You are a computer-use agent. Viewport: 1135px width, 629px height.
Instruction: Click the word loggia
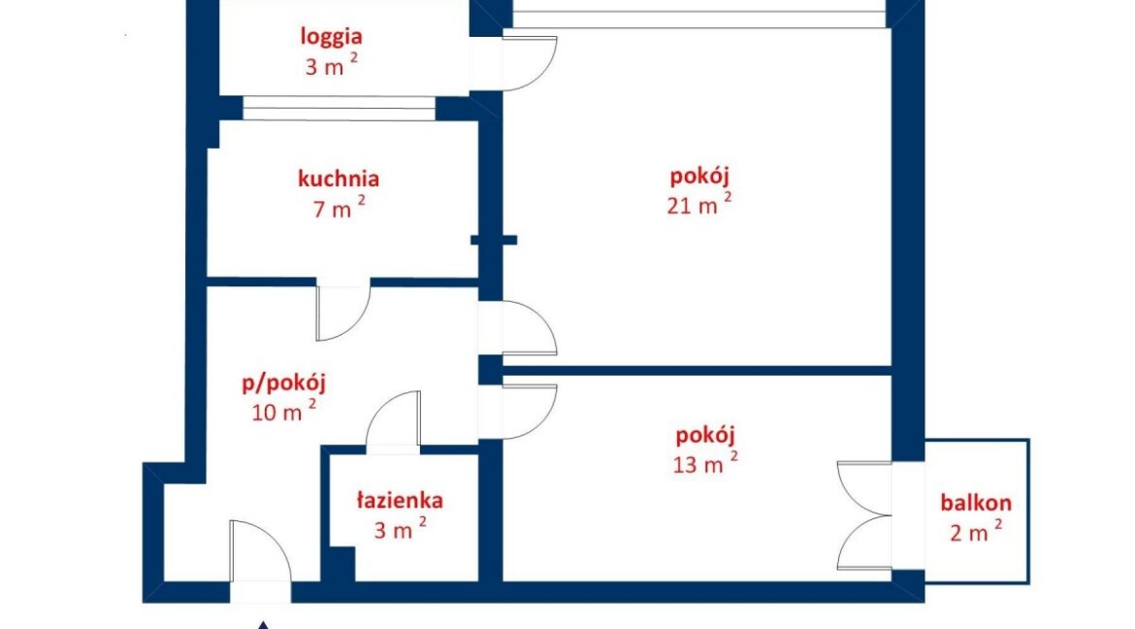[332, 36]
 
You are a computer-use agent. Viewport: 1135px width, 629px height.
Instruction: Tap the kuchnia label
[338, 179]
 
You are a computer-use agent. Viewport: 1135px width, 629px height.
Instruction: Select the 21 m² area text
[698, 204]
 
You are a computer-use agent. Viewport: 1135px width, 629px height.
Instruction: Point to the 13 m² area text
[705, 462]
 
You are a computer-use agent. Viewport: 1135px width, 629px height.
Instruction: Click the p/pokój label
[283, 383]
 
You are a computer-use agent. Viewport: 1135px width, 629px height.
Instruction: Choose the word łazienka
[400, 500]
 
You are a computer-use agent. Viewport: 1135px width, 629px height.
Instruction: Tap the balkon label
[976, 502]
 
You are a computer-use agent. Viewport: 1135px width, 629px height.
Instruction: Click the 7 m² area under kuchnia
[338, 208]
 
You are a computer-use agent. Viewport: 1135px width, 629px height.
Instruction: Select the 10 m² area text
[283, 411]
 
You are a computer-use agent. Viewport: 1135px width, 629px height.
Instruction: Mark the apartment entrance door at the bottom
[261, 550]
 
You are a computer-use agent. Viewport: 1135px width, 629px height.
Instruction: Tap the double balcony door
[865, 515]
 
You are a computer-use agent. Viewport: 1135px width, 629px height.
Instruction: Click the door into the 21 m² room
[529, 327]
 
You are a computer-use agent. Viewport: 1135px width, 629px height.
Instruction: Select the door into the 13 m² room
[529, 412]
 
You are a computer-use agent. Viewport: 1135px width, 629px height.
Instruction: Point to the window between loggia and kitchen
[339, 109]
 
